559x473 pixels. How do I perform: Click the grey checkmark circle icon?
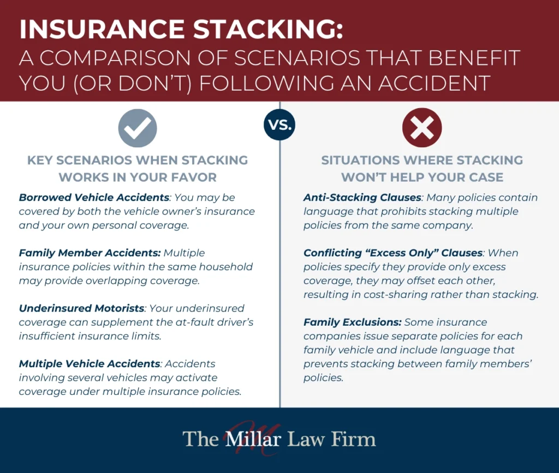138,128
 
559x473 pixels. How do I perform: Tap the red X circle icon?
421,128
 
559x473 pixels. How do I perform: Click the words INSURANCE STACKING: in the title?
181,30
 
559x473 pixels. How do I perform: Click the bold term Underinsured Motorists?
82,308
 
